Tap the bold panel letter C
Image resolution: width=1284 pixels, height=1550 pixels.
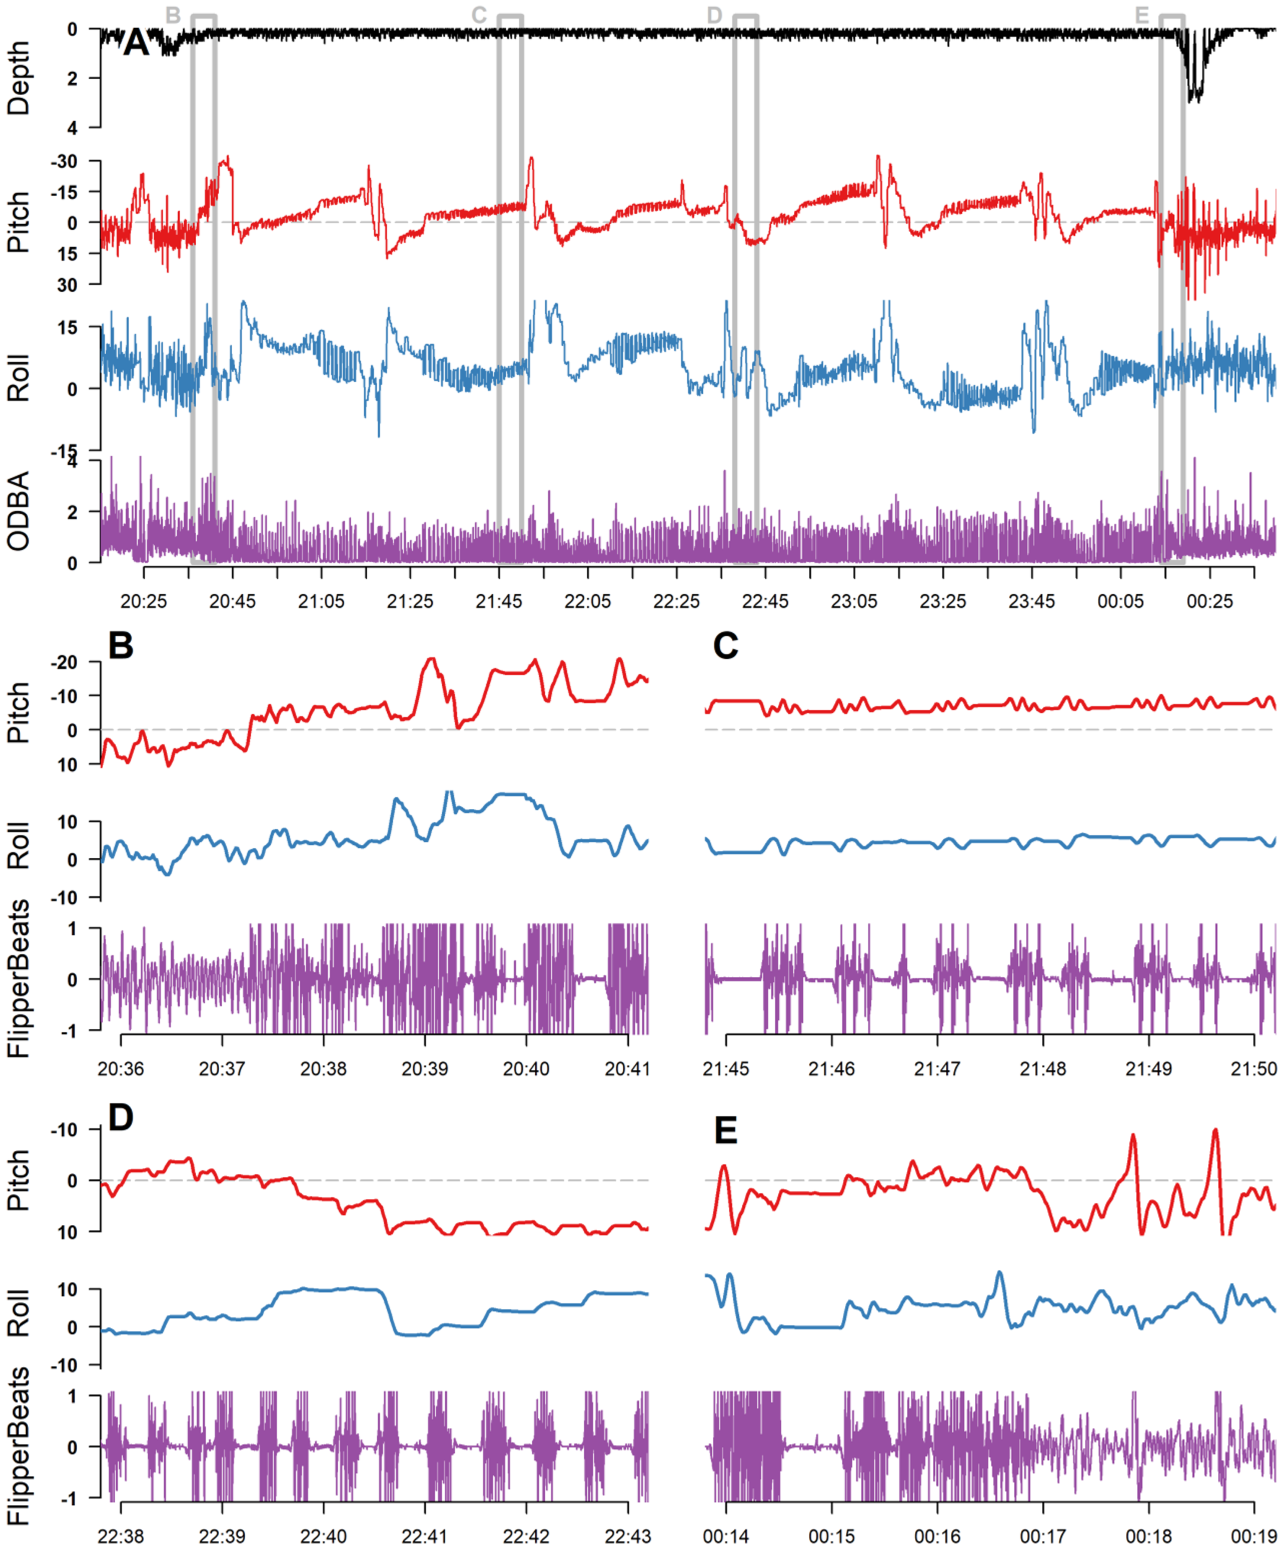tap(725, 646)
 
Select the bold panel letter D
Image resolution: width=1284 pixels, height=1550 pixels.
tap(121, 1117)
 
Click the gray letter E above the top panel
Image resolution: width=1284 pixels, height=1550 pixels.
tap(1141, 15)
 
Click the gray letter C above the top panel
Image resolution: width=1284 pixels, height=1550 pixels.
tap(479, 15)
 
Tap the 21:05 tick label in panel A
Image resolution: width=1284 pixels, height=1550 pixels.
tap(321, 601)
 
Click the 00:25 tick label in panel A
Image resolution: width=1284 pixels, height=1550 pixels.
tap(1210, 601)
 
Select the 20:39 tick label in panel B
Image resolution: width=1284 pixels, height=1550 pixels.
tap(424, 1068)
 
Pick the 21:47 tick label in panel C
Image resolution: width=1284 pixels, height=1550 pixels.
tap(937, 1068)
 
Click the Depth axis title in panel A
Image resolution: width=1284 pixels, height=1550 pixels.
tap(19, 77)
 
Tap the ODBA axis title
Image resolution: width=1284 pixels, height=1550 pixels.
tap(19, 511)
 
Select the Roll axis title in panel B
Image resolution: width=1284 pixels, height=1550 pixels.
tap(19, 846)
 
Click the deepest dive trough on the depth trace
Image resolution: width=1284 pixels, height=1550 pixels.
tap(1194, 99)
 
